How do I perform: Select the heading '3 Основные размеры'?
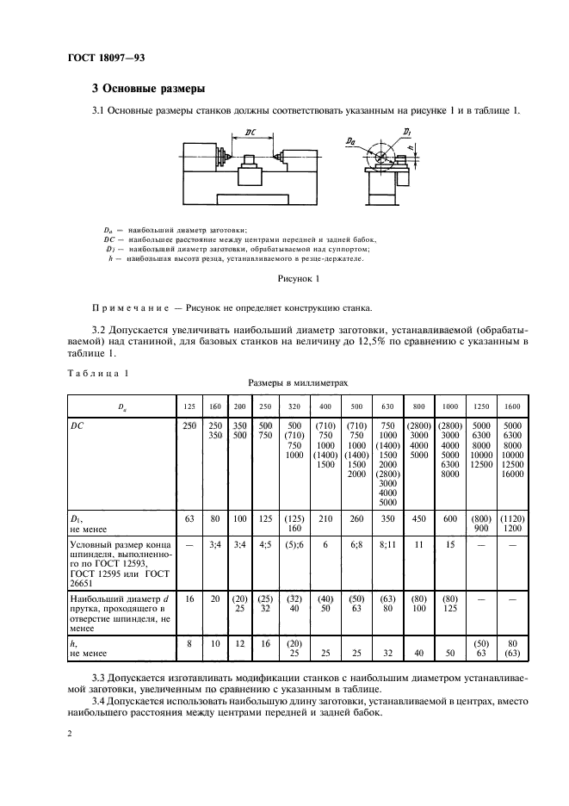147,88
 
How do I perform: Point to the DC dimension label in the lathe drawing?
250,132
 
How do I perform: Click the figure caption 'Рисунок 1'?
299,280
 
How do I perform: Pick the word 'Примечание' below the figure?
128,307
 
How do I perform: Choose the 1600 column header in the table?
513,405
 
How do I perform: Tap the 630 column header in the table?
387,405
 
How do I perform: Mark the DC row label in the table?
79,425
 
